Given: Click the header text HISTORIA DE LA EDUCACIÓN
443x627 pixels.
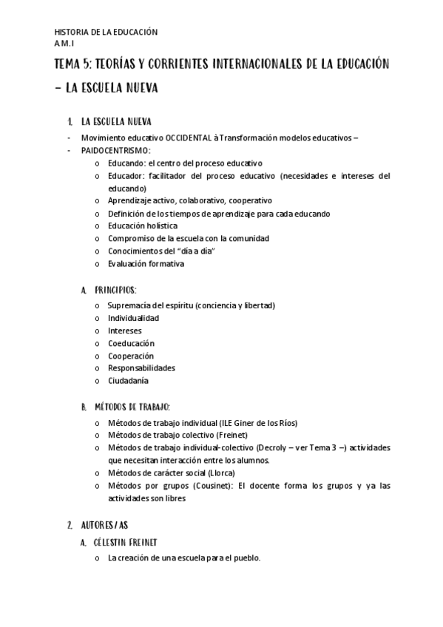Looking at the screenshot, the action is click(106, 33).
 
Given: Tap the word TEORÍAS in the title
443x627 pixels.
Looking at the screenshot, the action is click(138, 64).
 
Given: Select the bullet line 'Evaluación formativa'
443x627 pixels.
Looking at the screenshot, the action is click(146, 263).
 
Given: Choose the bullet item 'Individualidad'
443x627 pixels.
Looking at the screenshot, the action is click(133, 318).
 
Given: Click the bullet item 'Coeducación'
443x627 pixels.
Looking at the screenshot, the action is click(131, 343).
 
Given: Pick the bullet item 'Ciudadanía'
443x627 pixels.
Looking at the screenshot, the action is click(128, 381).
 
